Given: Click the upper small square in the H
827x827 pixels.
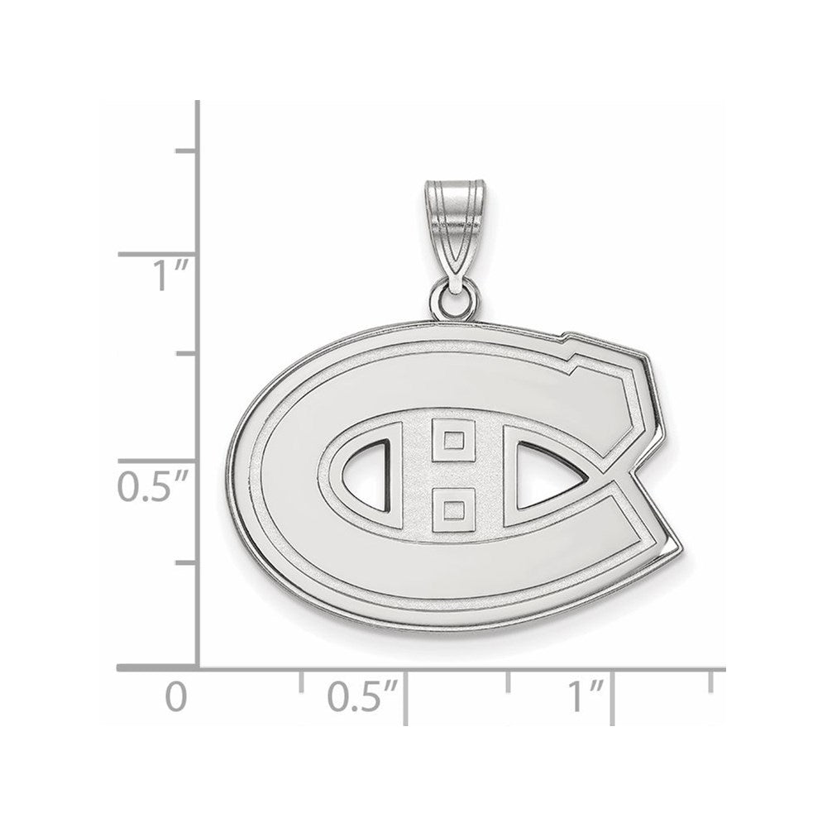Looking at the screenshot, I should pyautogui.click(x=452, y=439).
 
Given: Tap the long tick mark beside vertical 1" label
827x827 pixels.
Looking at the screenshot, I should pyautogui.click(x=157, y=255).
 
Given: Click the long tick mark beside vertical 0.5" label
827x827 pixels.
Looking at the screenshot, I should pyautogui.click(x=157, y=461).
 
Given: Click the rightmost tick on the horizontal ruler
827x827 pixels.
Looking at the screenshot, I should pyautogui.click(x=713, y=680).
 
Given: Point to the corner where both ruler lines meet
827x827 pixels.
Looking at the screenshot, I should pyautogui.click(x=198, y=667).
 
